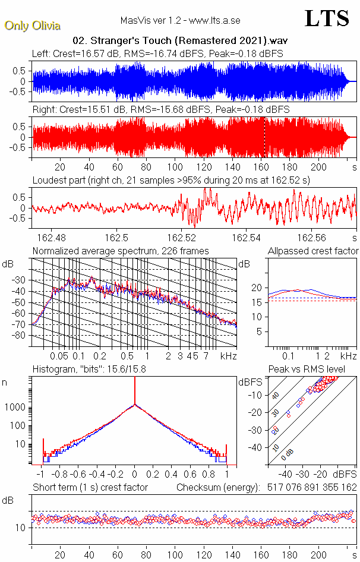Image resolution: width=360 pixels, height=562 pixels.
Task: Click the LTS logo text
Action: click(326, 19)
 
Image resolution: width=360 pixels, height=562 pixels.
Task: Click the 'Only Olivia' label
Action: click(32, 26)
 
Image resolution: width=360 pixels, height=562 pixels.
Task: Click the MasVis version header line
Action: click(180, 20)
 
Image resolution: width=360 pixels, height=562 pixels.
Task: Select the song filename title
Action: click(180, 41)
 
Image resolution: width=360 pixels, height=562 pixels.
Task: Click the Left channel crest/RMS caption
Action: click(157, 53)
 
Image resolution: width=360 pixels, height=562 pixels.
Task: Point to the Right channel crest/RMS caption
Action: click(160, 110)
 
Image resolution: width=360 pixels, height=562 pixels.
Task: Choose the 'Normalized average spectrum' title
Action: click(121, 251)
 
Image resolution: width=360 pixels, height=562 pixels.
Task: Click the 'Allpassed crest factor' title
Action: click(313, 251)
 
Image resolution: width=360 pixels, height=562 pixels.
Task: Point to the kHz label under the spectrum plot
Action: click(228, 356)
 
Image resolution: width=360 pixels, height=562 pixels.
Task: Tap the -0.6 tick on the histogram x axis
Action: click(78, 475)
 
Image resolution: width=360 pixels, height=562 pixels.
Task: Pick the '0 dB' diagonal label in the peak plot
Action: click(288, 454)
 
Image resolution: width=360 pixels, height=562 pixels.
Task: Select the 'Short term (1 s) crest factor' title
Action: click(90, 488)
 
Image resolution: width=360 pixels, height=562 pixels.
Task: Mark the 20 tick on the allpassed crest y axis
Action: click(257, 288)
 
